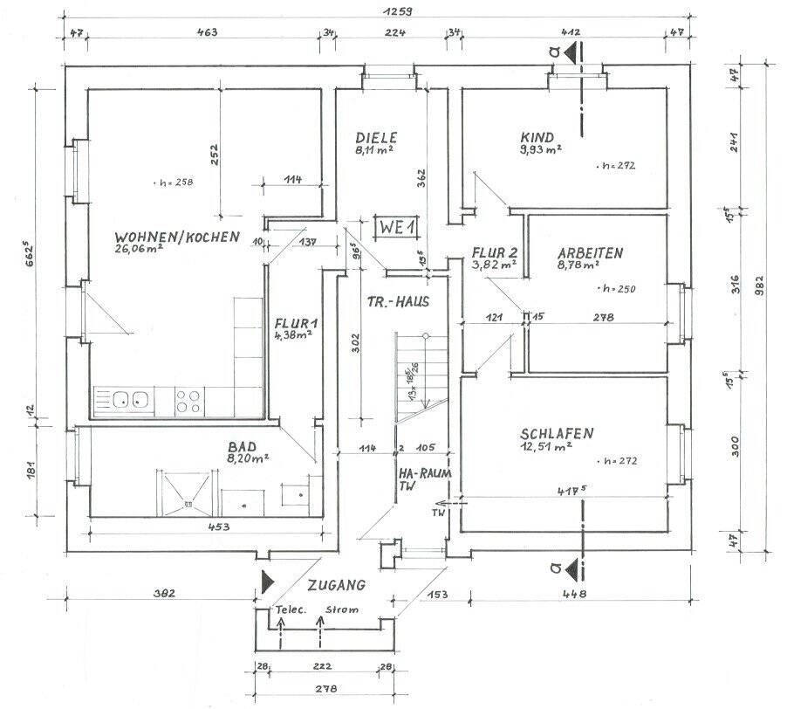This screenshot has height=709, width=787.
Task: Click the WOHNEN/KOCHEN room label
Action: click(175, 236)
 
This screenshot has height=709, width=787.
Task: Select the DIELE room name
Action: click(376, 137)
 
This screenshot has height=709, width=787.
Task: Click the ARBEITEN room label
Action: click(591, 253)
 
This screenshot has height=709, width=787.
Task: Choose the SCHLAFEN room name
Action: click(558, 433)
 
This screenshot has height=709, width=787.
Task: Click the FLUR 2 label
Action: click(493, 251)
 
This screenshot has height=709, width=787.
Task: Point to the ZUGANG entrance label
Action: click(336, 585)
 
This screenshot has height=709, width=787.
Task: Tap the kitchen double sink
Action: click(130, 400)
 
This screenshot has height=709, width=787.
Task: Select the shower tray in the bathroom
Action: click(184, 490)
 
